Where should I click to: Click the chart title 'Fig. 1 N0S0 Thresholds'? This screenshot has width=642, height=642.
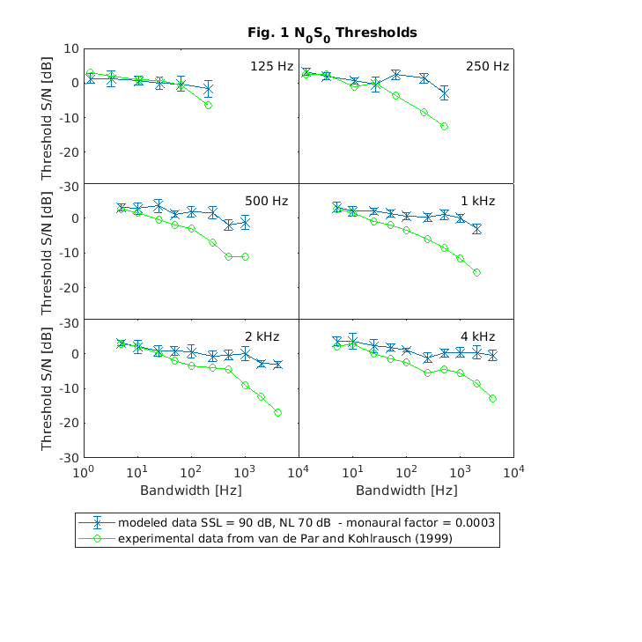tap(332, 33)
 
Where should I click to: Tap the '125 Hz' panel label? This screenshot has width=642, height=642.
tap(270, 66)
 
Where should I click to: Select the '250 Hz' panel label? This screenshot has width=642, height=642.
tap(488, 66)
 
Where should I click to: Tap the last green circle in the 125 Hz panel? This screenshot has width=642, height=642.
tap(208, 106)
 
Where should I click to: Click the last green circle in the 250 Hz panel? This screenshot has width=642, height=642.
tap(445, 127)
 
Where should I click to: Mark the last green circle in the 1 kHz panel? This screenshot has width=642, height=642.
tap(476, 273)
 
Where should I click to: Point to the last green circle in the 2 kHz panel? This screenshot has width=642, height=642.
tap(277, 412)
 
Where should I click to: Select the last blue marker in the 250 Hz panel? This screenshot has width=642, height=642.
tap(445, 93)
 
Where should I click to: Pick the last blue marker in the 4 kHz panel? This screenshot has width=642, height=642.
tap(493, 356)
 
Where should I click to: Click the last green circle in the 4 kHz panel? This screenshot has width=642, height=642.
tap(493, 399)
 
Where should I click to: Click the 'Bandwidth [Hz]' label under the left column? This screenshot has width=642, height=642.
tap(190, 490)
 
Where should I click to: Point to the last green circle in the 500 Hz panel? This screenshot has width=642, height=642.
tap(246, 256)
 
